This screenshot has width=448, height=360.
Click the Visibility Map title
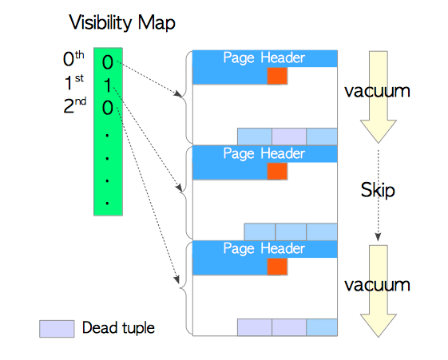(x=122, y=23)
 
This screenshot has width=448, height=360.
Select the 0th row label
(x=73, y=59)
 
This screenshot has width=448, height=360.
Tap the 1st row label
(x=73, y=82)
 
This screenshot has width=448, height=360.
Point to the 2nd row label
(x=74, y=105)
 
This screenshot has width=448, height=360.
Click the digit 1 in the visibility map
(x=108, y=85)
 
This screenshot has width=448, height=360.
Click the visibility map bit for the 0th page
(x=108, y=62)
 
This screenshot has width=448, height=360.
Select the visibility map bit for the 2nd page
(x=108, y=108)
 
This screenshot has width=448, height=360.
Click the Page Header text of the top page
(x=264, y=58)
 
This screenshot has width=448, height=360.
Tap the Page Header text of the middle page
(x=264, y=153)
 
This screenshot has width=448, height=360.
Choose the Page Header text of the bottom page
(x=264, y=249)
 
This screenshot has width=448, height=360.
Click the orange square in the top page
(x=277, y=76)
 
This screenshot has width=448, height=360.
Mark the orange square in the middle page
(x=277, y=172)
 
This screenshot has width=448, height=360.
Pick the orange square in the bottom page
(x=277, y=267)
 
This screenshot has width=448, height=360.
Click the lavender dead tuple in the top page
(x=289, y=136)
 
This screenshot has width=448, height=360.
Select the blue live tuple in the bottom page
(x=322, y=327)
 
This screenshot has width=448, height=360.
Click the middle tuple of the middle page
(x=291, y=231)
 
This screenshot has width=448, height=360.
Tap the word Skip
(x=378, y=190)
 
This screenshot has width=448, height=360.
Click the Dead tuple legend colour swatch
(x=57, y=329)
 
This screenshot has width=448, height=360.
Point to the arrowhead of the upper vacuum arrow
(x=379, y=132)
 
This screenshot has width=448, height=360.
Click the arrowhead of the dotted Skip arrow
(x=378, y=237)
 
